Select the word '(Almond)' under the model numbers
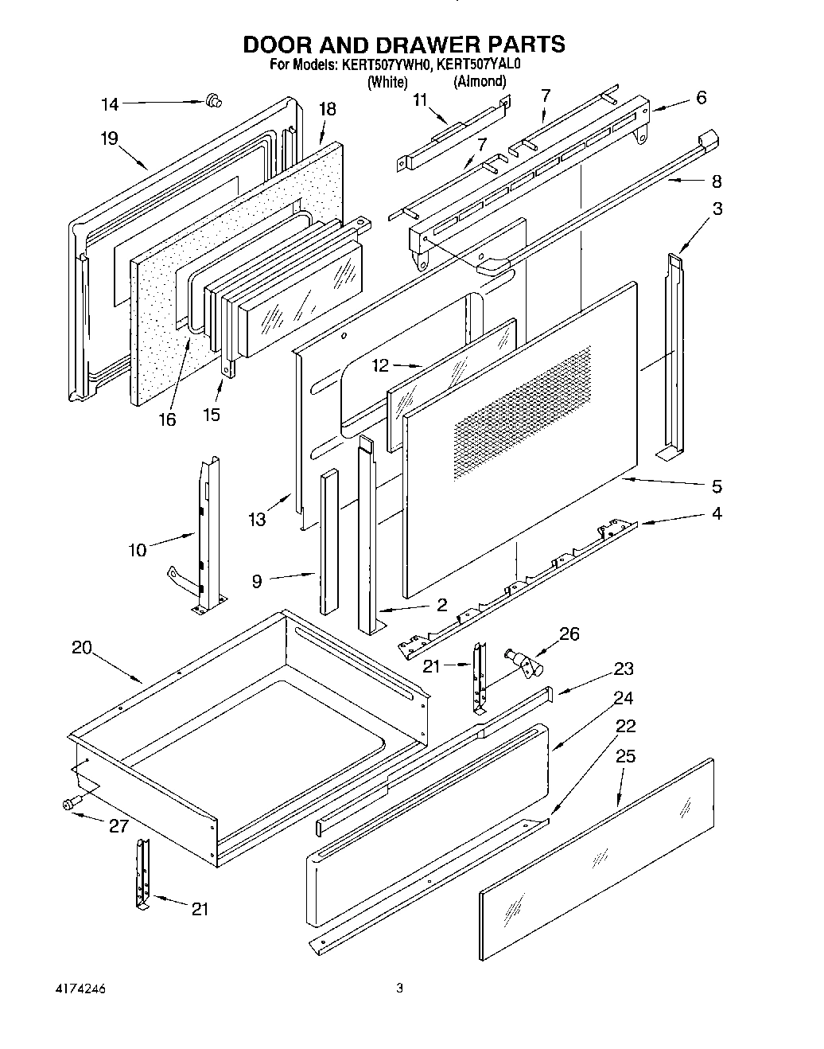pyautogui.click(x=480, y=81)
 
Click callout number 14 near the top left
pyautogui.click(x=110, y=103)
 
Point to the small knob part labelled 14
pyautogui.click(x=213, y=100)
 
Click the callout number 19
pyautogui.click(x=109, y=138)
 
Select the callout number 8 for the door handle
pyautogui.click(x=717, y=181)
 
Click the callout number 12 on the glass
pyautogui.click(x=381, y=365)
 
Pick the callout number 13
pyautogui.click(x=257, y=520)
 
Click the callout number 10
pyautogui.click(x=137, y=550)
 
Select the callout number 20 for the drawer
pyautogui.click(x=82, y=648)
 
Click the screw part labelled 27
pyautogui.click(x=68, y=805)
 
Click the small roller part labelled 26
pyautogui.click(x=523, y=661)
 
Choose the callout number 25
pyautogui.click(x=626, y=756)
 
